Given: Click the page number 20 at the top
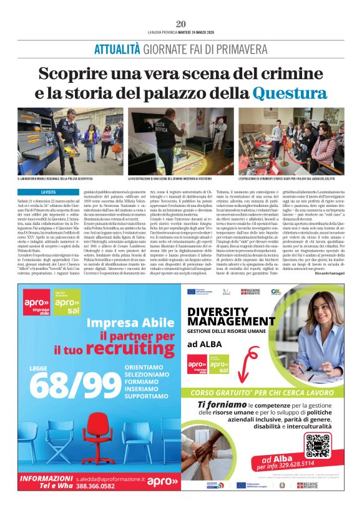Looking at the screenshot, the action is [x=181, y=24].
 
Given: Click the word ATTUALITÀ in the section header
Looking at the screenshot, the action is [x=116, y=49].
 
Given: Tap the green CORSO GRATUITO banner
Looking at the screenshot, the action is [x=263, y=394].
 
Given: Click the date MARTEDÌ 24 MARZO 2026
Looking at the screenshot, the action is [x=195, y=32].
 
